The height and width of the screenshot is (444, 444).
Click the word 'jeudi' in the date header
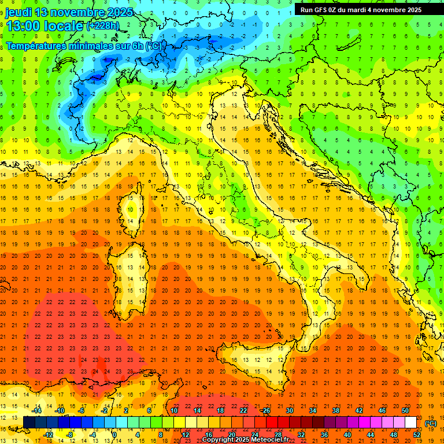click(19, 12)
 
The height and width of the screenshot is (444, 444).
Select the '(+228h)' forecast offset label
click(102, 25)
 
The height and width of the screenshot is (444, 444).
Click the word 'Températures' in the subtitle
click(34, 46)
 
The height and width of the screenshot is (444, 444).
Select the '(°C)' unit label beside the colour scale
click(431, 423)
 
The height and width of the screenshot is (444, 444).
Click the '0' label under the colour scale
click(114, 435)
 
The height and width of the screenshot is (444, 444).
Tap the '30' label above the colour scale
click(289, 410)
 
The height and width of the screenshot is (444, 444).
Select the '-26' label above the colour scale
click(265, 410)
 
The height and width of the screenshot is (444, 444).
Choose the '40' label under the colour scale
click(347, 435)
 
